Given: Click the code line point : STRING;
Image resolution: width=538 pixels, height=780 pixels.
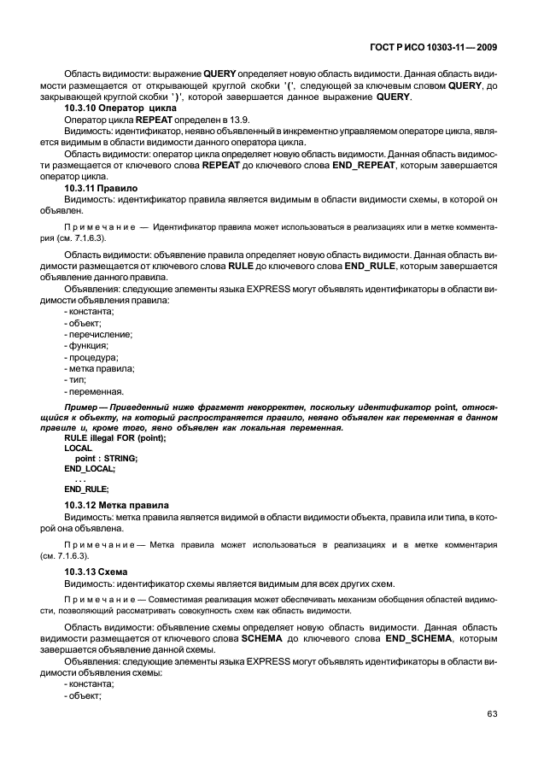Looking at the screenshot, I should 106,458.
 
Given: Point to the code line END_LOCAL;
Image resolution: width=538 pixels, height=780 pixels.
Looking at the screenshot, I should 90,468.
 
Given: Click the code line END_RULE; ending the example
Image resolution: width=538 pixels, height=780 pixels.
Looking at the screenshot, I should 86,489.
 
